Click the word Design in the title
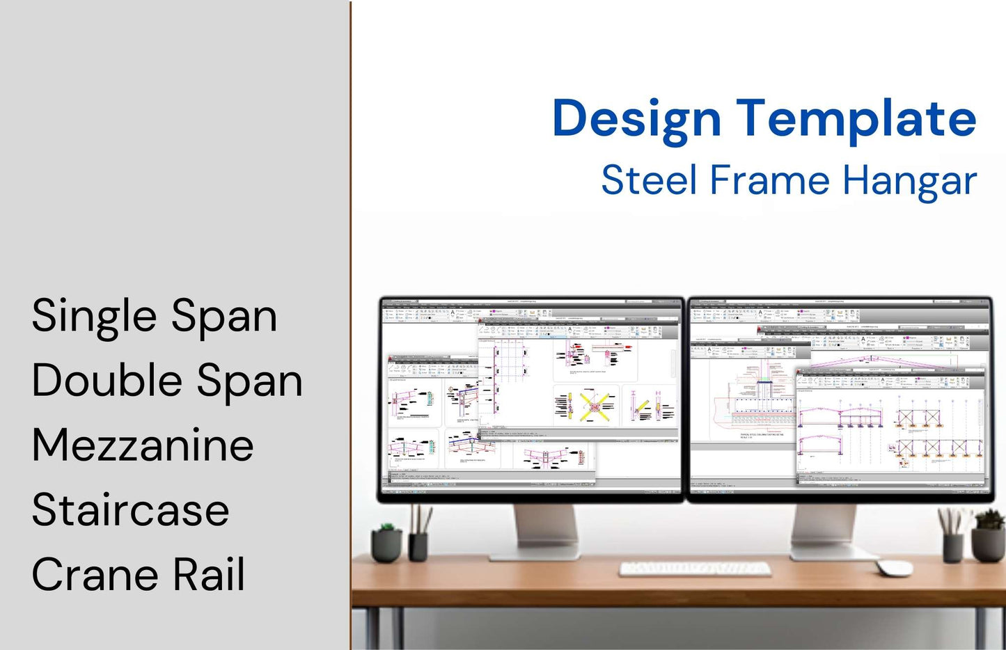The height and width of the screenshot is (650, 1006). coord(636,118)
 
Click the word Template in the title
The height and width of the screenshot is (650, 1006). coord(856,118)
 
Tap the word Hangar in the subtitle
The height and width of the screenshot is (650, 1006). coord(909,180)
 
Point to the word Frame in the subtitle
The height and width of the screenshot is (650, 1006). coord(769,180)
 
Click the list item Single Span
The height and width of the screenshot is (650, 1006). coord(155,317)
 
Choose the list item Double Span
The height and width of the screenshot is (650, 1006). coord(167,381)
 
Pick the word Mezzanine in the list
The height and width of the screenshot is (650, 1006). coord(143,445)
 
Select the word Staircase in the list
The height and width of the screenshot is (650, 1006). coord(131,510)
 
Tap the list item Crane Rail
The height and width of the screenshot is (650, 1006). coord(139,575)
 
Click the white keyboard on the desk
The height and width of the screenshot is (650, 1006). coord(695,569)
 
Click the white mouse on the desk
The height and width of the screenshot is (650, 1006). coord(895,567)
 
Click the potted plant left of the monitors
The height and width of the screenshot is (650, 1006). coord(386,543)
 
